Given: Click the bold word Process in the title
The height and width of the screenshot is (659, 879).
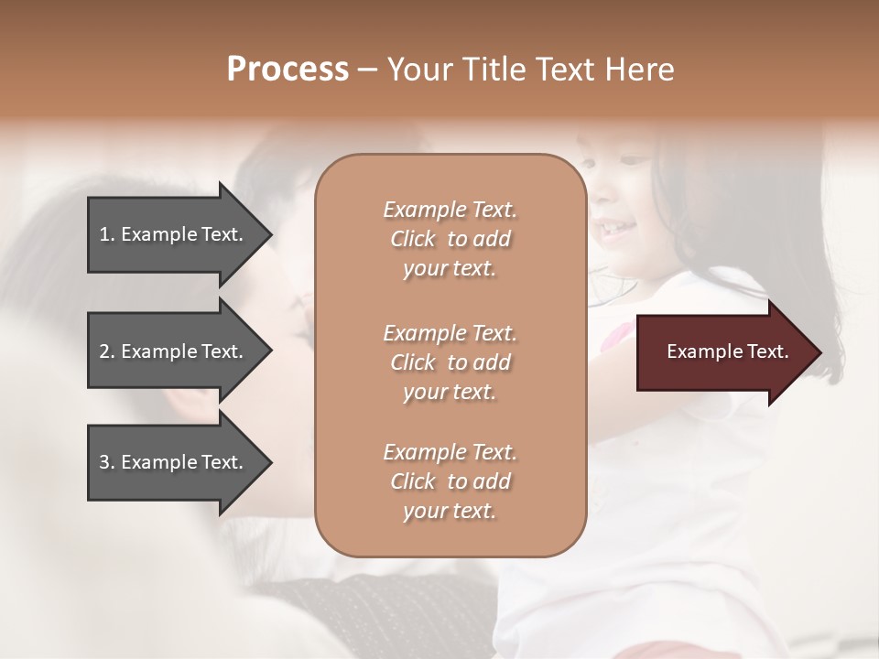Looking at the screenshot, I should (x=288, y=69).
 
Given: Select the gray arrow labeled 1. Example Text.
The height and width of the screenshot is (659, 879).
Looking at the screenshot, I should (x=174, y=234).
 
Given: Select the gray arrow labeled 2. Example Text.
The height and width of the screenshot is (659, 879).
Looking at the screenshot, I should (x=174, y=351).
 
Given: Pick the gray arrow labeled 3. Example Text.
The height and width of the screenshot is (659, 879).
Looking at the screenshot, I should (x=174, y=462).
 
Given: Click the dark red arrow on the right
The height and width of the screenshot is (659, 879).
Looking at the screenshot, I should (x=723, y=351).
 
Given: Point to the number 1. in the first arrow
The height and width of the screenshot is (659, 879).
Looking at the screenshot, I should (x=107, y=234).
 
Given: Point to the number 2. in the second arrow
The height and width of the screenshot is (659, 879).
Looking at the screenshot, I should (x=107, y=351).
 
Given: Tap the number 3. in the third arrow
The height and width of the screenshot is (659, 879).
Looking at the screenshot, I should (x=107, y=462).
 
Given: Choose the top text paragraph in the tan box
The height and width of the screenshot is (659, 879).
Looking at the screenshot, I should (x=450, y=239).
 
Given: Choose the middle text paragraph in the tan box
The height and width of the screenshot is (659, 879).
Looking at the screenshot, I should (x=450, y=362).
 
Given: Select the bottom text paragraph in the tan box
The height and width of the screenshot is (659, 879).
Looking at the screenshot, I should (x=450, y=481).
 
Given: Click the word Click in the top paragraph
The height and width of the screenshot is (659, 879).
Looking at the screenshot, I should (x=413, y=239).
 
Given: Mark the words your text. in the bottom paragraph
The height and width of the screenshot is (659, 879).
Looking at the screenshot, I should (x=450, y=511).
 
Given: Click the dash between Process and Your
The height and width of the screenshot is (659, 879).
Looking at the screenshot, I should (x=367, y=70).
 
